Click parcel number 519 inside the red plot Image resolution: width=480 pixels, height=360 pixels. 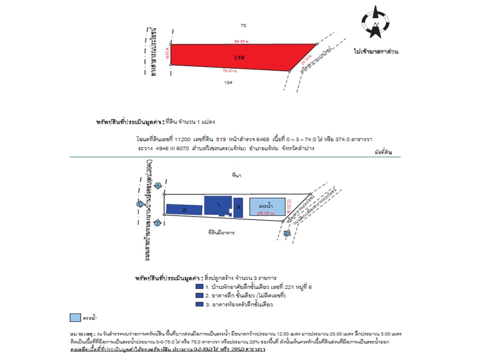click(239, 57)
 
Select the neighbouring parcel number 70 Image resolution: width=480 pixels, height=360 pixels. click(243, 25)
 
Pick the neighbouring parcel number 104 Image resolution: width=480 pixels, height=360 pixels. click(229, 82)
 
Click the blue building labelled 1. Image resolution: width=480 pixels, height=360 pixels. click(218, 205)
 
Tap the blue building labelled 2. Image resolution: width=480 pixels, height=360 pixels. click(183, 209)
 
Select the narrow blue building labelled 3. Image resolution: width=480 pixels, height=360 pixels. click(238, 207)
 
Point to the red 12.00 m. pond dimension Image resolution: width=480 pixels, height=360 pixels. click(288, 206)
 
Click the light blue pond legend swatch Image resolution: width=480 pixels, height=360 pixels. click(74, 317)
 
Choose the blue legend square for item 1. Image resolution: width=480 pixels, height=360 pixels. click(199, 287)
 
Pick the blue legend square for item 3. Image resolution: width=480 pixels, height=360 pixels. click(199, 304)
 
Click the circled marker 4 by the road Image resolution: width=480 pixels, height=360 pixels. click(157, 186)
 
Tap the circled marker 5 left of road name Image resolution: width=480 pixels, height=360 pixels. click(139, 204)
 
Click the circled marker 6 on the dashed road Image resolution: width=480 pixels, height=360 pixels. click(285, 233)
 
